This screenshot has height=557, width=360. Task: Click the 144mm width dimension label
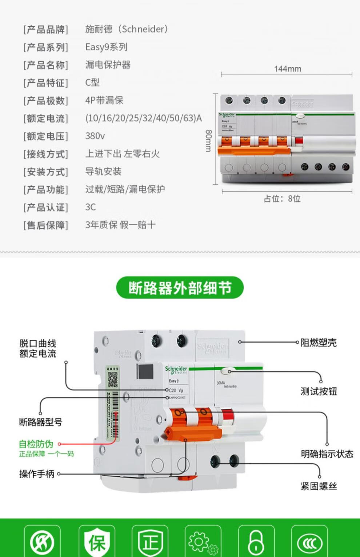pyautogui.click(x=287, y=69)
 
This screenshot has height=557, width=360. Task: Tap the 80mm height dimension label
pyautogui.click(x=208, y=141)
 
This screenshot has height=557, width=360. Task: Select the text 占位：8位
pyautogui.click(x=282, y=199)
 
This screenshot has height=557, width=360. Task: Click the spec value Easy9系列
pyautogui.click(x=106, y=47)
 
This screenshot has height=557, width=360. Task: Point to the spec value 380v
pyautogui.click(x=95, y=136)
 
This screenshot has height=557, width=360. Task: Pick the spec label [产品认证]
pyautogui.click(x=46, y=207)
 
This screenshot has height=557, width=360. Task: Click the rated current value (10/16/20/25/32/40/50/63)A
pyautogui.click(x=143, y=118)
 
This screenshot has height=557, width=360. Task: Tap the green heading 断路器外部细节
pyautogui.click(x=180, y=288)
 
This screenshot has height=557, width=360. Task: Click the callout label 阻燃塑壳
pyautogui.click(x=319, y=342)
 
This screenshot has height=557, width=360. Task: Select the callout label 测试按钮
pyautogui.click(x=319, y=391)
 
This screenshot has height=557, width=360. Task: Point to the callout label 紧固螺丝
pyautogui.click(x=319, y=486)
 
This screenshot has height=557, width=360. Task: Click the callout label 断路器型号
pyautogui.click(x=41, y=422)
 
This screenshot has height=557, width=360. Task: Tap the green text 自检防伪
pyautogui.click(x=36, y=444)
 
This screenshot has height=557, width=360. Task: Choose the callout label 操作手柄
pyautogui.click(x=37, y=474)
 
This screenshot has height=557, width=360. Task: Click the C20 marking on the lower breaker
pyautogui.click(x=173, y=390)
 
